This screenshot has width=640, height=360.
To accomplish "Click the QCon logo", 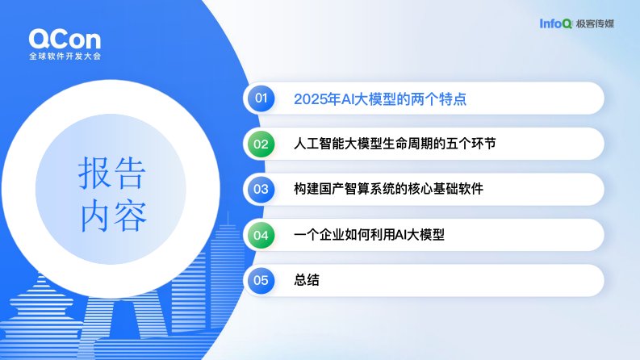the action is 65,40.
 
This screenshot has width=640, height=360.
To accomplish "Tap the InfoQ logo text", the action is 555,23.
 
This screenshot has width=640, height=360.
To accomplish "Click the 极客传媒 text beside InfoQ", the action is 595,23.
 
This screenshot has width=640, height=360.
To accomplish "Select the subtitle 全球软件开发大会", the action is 65,56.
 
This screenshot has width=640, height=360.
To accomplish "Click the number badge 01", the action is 261,98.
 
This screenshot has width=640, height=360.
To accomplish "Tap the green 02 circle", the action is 261,144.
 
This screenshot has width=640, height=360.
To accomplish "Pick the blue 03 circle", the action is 261,190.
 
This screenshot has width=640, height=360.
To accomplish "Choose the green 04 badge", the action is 261,235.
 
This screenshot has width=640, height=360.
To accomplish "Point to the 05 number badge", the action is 261,280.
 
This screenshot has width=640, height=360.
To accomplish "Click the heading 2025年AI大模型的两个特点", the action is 380,98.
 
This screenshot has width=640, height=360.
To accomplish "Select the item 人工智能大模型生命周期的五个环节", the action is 395,144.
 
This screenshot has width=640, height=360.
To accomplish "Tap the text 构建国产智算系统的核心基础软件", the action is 388,189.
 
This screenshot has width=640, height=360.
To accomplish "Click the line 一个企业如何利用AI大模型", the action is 369,235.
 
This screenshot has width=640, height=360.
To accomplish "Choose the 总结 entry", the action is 307,280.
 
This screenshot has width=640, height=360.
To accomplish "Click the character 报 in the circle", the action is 94,173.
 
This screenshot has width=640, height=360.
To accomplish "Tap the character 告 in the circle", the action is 129,173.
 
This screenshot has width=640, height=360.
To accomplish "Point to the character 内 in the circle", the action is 94,216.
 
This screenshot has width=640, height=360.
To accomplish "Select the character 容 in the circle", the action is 130,216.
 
